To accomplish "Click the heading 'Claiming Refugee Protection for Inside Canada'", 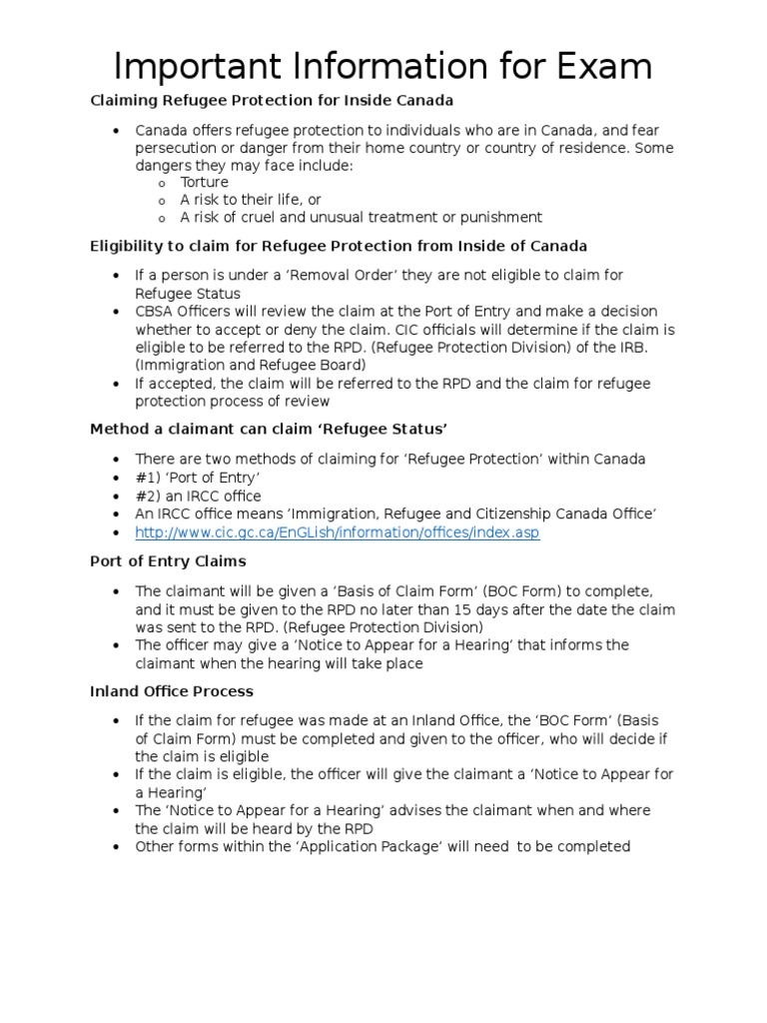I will click(272, 100).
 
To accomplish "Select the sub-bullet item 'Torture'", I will click(204, 182).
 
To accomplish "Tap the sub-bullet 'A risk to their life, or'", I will click(250, 200).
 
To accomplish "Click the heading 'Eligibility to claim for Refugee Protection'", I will click(339, 245).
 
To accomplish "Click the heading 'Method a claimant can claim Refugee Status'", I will click(269, 429).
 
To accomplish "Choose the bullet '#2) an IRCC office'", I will click(198, 496).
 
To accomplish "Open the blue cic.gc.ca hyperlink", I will click(337, 532).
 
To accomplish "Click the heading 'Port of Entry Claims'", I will click(168, 561).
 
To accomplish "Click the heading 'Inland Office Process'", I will click(172, 691).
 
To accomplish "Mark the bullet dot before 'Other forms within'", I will click(117, 847).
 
